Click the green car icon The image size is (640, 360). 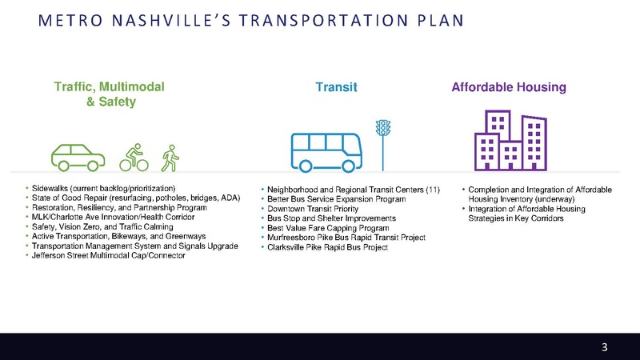(78, 156)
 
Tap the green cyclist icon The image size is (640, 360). (134, 157)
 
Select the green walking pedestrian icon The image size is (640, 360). (170, 157)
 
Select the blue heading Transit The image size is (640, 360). (335, 87)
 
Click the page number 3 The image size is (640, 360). (605, 347)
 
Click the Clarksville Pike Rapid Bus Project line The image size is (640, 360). (327, 247)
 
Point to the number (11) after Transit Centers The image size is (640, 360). (433, 189)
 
